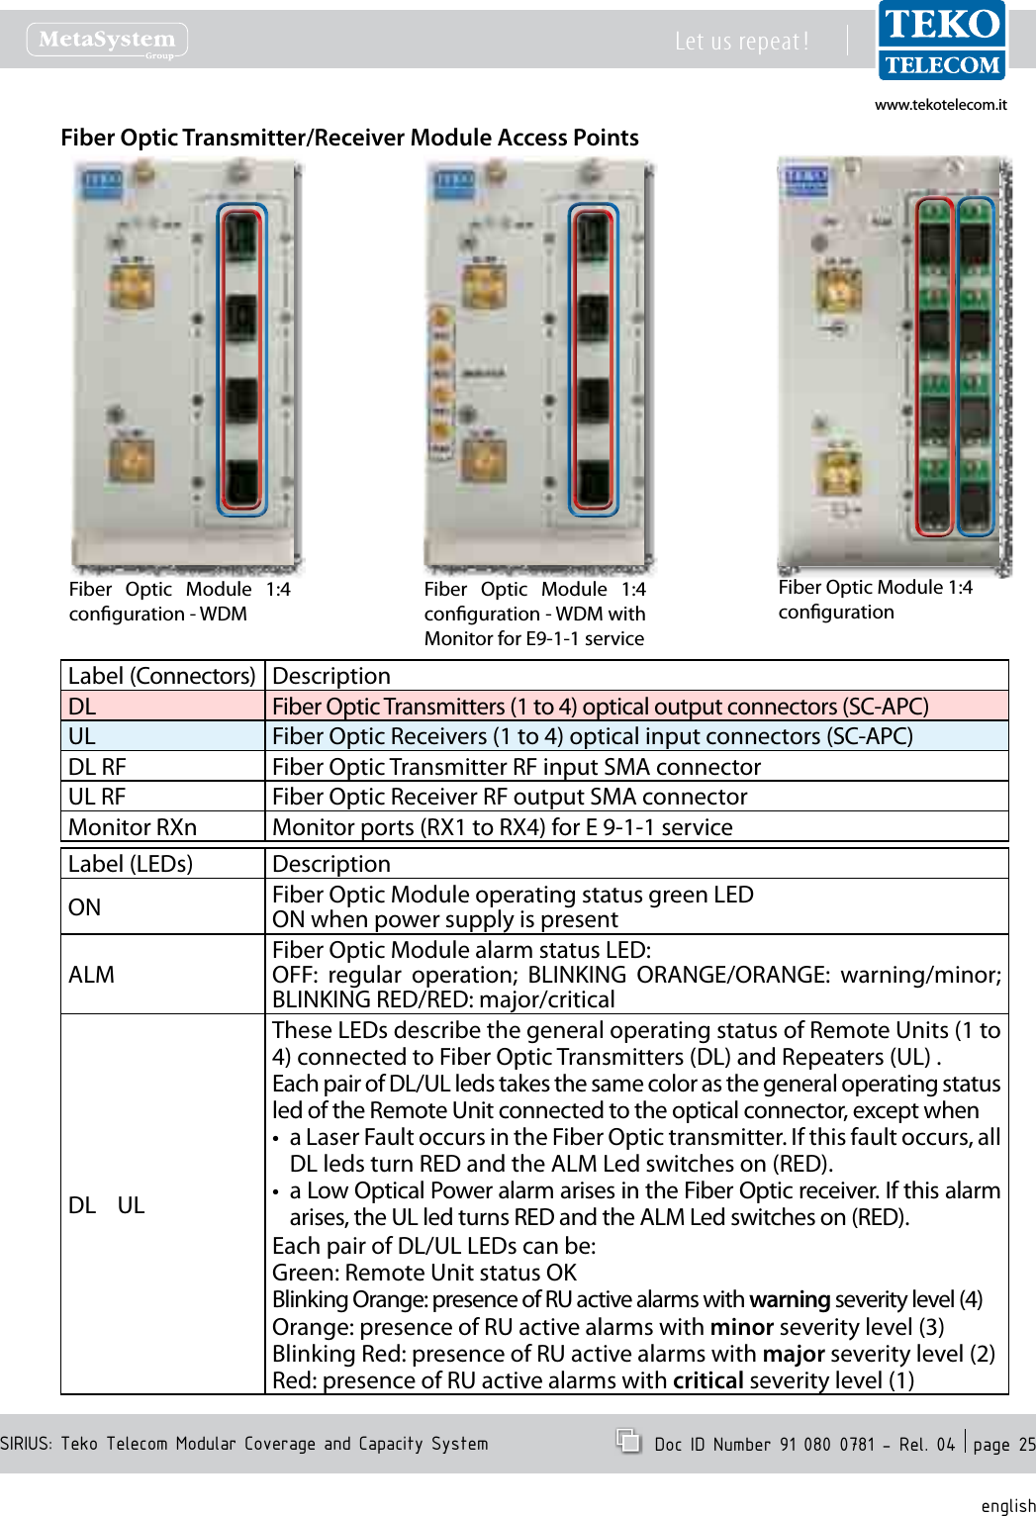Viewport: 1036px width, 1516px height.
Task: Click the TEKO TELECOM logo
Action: click(x=942, y=42)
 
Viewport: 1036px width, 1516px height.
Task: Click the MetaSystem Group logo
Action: click(x=107, y=41)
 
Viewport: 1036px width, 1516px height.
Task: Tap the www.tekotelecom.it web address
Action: click(x=940, y=105)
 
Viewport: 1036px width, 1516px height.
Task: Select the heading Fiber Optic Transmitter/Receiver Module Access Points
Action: click(x=349, y=138)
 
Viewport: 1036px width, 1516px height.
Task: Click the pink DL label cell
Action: click(x=162, y=707)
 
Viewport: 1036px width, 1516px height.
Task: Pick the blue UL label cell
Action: click(x=162, y=736)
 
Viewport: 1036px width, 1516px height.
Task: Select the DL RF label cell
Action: click(x=162, y=767)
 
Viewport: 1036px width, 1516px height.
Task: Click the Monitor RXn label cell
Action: click(x=162, y=827)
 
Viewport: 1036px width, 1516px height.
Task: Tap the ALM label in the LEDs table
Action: click(x=92, y=975)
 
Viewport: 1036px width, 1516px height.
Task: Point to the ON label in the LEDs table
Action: click(x=85, y=907)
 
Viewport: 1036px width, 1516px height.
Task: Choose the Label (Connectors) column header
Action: click(x=162, y=676)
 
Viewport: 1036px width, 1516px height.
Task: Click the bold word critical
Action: click(x=707, y=1380)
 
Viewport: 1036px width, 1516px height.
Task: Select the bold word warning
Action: click(x=790, y=1299)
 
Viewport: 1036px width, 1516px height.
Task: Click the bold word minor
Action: click(x=741, y=1327)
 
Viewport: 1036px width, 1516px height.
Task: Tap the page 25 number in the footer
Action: click(x=1003, y=1444)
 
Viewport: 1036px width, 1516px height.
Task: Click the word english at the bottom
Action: click(x=1007, y=1505)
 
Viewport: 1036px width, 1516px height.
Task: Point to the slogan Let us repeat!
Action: click(x=741, y=42)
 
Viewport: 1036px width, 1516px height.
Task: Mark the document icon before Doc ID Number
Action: click(x=628, y=1441)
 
